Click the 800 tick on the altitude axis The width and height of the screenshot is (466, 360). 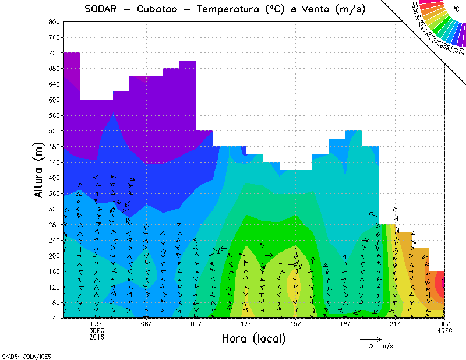[54, 22]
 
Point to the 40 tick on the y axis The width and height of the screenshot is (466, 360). [56, 318]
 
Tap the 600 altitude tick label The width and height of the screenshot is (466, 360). [54, 100]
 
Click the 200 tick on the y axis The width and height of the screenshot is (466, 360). [54, 256]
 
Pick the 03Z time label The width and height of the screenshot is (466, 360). [97, 324]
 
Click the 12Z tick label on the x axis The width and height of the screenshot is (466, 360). [246, 324]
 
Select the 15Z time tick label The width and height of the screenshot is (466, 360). [296, 324]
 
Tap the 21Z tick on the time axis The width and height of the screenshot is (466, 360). [395, 324]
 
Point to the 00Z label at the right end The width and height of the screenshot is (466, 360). [444, 324]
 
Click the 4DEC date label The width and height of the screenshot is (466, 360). [444, 330]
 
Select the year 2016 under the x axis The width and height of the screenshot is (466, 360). [97, 337]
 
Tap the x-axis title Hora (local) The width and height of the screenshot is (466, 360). [254, 338]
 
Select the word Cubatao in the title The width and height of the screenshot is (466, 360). [160, 9]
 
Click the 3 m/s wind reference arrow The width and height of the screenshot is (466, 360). [370, 338]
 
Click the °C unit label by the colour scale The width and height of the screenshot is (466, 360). [456, 9]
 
